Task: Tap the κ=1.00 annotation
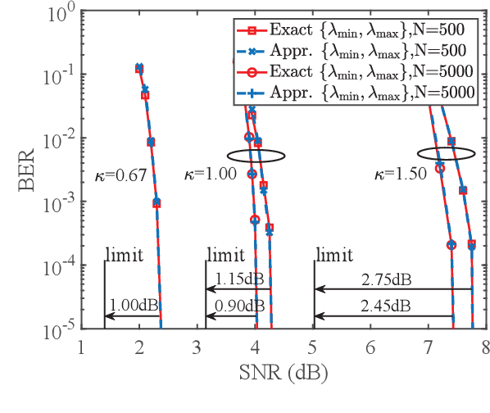(214, 174)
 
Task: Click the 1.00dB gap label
(132, 305)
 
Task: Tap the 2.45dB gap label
(385, 305)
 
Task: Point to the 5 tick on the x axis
(314, 347)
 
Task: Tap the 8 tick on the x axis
(486, 347)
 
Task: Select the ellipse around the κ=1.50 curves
(446, 153)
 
